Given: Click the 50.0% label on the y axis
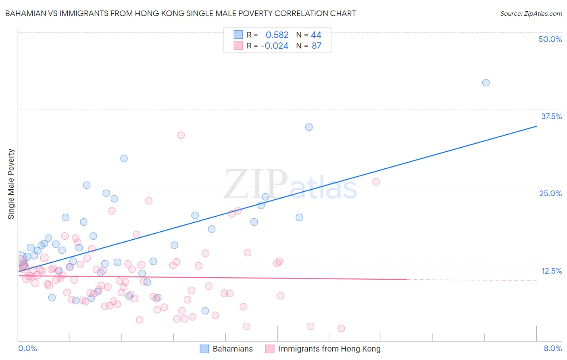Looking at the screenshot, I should click(550, 39).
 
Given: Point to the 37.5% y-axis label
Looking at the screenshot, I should click(551, 116).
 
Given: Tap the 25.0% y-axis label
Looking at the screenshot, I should click(550, 193).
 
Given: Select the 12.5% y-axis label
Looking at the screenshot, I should click(551, 271).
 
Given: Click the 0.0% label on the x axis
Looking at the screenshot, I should click(27, 348).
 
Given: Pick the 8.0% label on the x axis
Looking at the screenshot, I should click(552, 348).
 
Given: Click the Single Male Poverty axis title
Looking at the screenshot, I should click(11, 184).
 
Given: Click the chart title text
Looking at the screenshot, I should click(180, 13).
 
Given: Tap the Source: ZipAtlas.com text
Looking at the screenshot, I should click(531, 13).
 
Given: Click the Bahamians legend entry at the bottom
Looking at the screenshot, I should click(232, 349).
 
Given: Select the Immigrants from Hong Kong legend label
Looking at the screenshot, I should click(329, 349).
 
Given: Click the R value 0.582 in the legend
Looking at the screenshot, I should click(277, 35).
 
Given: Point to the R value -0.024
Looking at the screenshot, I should click(275, 46).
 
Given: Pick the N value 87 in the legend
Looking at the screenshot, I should click(317, 46).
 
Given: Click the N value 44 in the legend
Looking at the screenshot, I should click(316, 35).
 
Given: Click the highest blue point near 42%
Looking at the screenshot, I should click(486, 83).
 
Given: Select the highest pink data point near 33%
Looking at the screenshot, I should click(181, 135).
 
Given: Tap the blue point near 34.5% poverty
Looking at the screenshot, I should click(309, 127).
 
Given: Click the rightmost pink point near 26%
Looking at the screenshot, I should click(376, 182).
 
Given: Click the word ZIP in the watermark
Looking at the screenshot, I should click(256, 184).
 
